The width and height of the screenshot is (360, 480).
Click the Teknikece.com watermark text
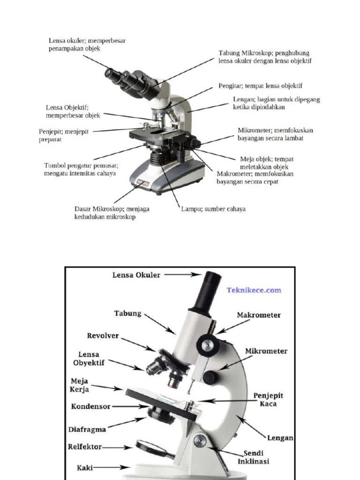point(254,290)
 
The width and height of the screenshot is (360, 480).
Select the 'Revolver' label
point(103,336)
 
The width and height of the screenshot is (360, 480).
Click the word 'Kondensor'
point(91,406)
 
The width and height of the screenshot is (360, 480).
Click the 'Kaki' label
point(86,467)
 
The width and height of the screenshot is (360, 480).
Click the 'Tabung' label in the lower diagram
point(127,313)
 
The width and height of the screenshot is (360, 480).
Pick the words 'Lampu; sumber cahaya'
point(213,209)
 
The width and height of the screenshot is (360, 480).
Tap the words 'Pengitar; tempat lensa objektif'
point(260,86)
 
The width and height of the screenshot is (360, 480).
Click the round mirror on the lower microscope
point(151,448)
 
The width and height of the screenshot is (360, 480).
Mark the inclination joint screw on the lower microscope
point(200,440)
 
